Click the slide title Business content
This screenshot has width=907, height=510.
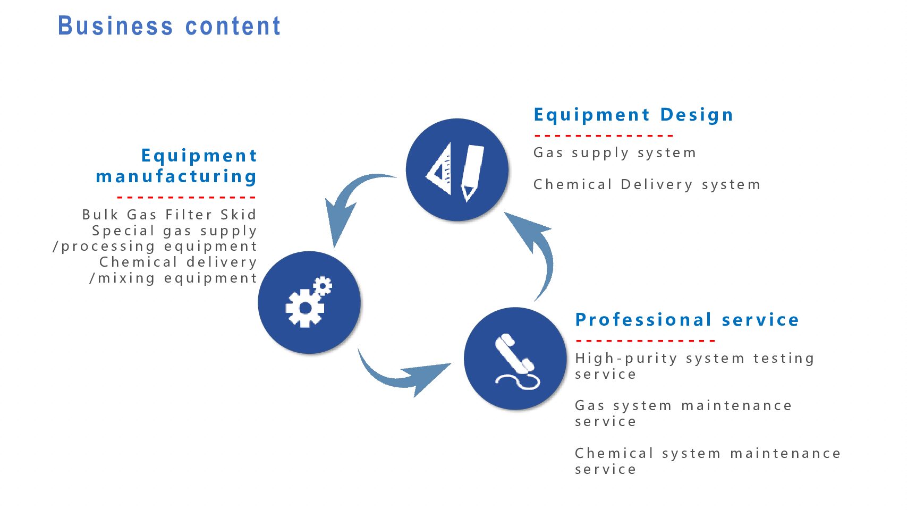point(169,26)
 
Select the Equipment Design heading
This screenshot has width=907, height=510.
point(633,115)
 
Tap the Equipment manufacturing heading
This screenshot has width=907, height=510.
point(176,166)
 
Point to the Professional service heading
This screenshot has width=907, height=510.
point(686,320)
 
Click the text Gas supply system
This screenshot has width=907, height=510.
point(615,153)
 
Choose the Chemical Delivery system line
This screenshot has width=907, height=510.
point(647,184)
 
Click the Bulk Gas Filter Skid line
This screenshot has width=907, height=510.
point(169,215)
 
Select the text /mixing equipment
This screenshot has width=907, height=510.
point(173,278)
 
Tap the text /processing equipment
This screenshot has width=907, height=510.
point(155,246)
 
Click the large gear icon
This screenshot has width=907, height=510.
point(305,308)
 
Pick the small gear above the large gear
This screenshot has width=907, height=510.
point(323,286)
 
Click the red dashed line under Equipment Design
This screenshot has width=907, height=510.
point(603,136)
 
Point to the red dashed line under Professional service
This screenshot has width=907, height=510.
point(646,341)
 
